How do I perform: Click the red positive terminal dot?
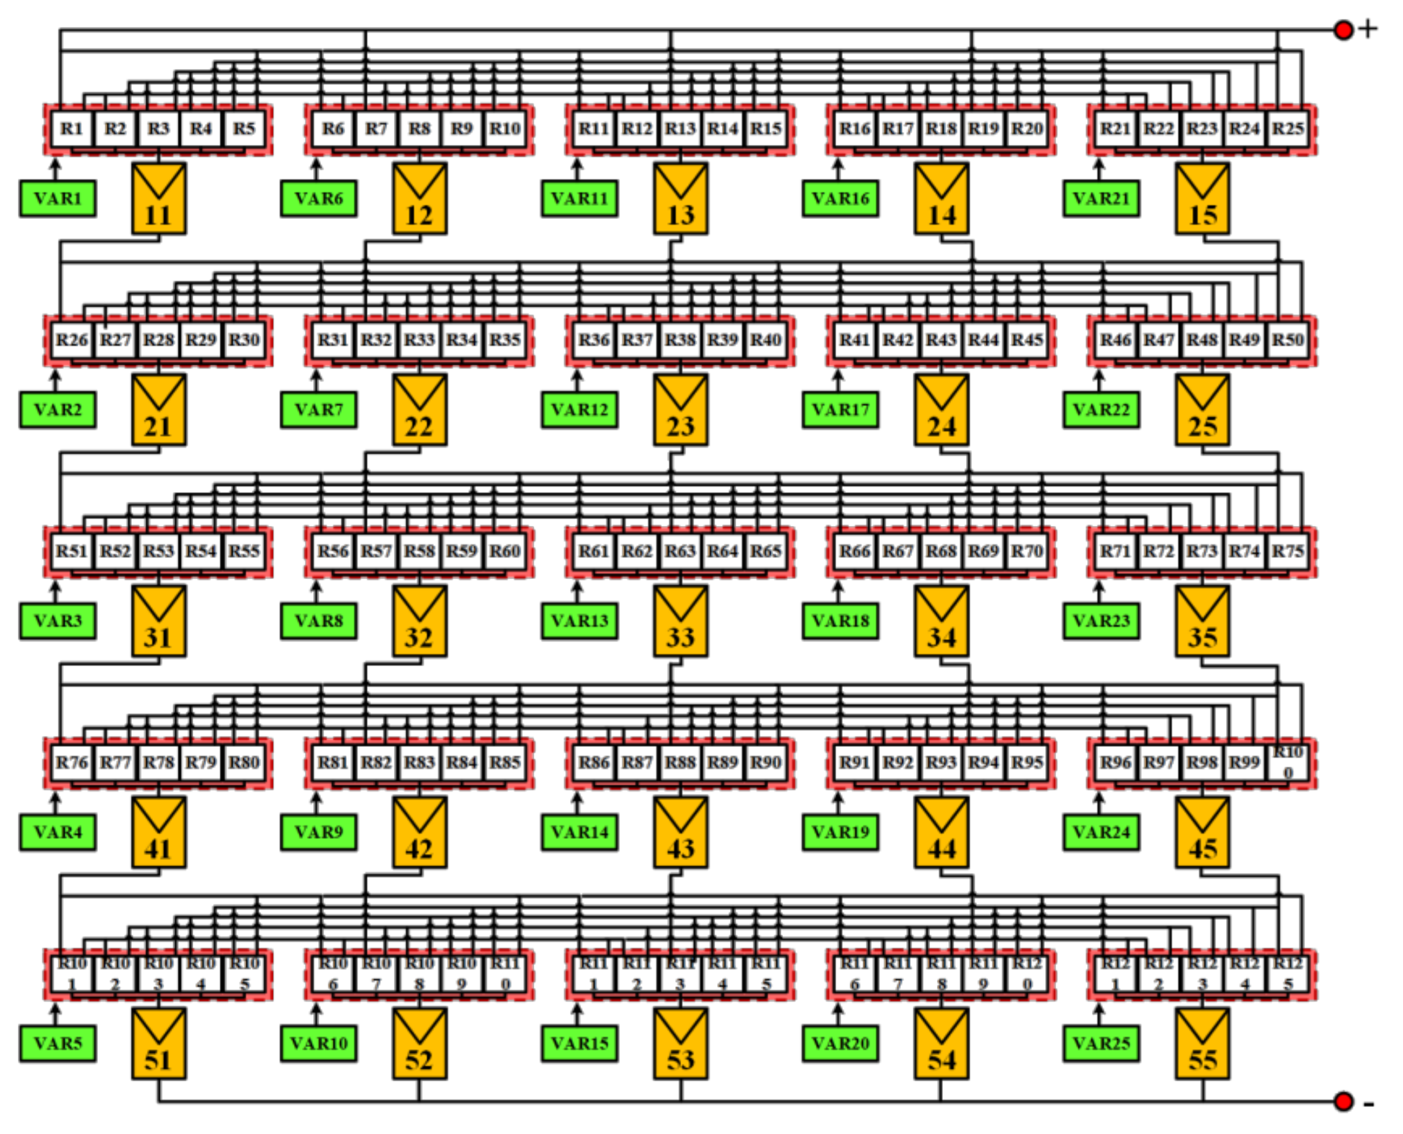1344,30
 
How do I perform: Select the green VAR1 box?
58,199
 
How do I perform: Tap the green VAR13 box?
580,621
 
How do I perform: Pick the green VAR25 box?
1101,1043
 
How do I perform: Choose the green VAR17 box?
841,410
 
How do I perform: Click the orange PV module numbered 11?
159,199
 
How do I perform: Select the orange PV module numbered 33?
681,621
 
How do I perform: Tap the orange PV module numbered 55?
1202,1043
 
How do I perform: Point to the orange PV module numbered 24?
941,410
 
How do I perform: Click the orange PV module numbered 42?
419,832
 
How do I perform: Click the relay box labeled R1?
72,129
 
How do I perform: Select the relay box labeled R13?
680,129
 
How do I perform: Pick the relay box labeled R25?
1287,129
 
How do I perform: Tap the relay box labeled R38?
680,340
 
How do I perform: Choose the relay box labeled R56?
333,551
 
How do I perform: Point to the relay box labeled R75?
1287,551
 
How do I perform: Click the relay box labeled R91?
855,762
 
